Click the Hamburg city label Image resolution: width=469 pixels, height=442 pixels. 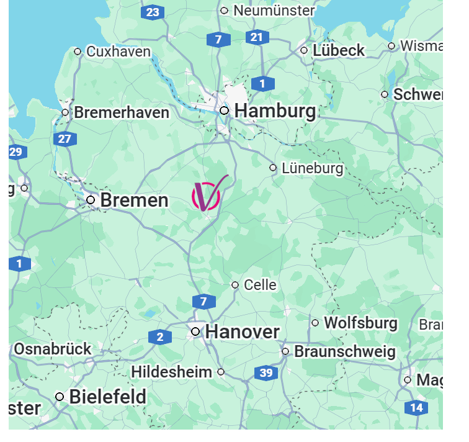coord(275,111)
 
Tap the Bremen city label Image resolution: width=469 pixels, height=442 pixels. coord(134,201)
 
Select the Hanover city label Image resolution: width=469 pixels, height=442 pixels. coord(243,332)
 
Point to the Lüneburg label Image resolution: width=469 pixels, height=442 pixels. coord(312,168)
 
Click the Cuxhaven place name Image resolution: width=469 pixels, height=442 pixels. coord(118,52)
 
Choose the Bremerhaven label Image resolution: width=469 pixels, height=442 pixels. coord(122,113)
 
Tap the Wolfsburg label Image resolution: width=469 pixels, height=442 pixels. coord(360,323)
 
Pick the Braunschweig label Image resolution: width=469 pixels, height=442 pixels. coord(344,352)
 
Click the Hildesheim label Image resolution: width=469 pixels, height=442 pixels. coord(171,372)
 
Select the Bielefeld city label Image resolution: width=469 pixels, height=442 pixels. coord(108,397)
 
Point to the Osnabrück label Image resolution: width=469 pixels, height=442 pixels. coord(53,349)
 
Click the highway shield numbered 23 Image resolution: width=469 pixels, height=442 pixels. coord(152,12)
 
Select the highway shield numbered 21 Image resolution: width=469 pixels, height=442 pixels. coord(256,38)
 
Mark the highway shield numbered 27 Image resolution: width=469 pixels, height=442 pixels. coord(65,139)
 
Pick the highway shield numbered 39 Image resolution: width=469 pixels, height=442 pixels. coord(266,373)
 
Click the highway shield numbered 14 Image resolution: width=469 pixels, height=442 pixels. coord(416,408)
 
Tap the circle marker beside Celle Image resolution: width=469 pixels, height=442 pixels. coord(235,285)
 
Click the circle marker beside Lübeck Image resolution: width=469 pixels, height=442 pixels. coord(304,51)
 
